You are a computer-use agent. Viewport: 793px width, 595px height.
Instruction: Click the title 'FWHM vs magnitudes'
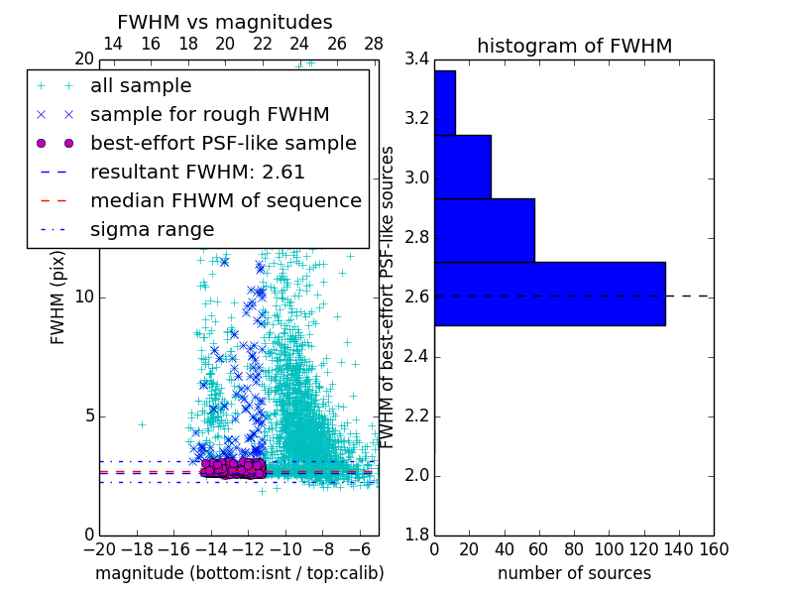225,22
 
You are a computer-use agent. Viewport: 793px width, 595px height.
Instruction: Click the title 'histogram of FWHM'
574,46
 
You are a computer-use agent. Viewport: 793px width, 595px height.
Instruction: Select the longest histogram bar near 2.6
549,294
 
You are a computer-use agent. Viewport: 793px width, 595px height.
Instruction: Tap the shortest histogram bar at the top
445,102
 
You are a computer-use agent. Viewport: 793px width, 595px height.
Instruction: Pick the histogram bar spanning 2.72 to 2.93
484,230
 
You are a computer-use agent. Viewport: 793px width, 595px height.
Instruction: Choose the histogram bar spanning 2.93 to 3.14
463,167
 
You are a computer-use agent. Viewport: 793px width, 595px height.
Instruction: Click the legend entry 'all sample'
141,86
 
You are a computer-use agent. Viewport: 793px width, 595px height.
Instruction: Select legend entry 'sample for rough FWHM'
209,114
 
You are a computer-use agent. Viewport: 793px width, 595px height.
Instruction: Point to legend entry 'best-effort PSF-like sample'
223,143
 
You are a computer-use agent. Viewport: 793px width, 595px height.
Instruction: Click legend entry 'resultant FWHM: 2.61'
197,172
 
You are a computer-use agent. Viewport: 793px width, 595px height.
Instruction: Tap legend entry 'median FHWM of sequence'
225,200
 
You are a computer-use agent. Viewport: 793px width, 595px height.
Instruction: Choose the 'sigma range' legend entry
152,229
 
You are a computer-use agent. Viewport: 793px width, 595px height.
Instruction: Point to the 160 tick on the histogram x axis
714,548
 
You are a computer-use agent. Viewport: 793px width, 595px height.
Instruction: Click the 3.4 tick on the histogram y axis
415,59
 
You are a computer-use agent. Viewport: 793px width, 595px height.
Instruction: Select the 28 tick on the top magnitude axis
374,45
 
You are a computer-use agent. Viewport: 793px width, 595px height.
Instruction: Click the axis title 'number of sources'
574,573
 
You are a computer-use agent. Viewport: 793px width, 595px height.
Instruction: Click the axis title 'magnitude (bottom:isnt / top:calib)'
239,573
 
